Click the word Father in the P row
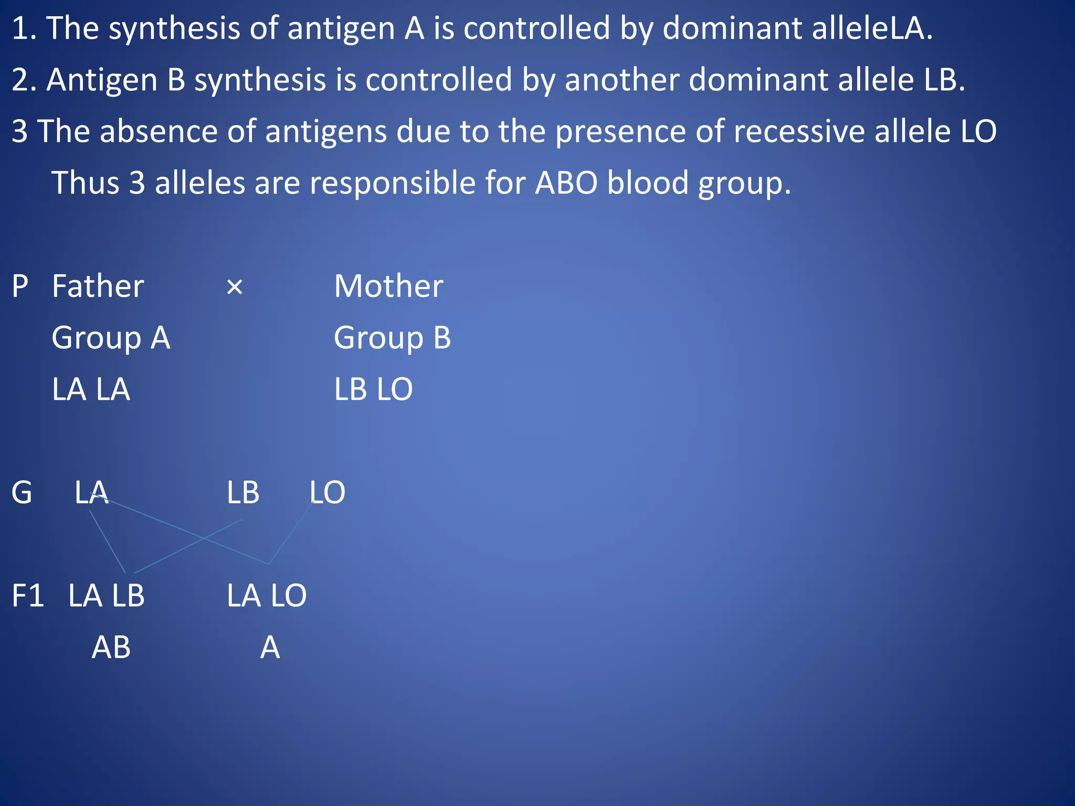pyautogui.click(x=98, y=287)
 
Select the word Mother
pyautogui.click(x=388, y=287)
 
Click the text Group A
pyautogui.click(x=111, y=338)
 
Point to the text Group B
pyautogui.click(x=392, y=338)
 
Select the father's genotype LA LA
pyautogui.click(x=91, y=389)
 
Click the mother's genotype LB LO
pyautogui.click(x=373, y=389)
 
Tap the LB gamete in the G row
pyautogui.click(x=243, y=493)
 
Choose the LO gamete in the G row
pyautogui.click(x=327, y=493)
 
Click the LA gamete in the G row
pyautogui.click(x=91, y=493)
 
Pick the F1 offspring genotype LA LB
pyautogui.click(x=106, y=596)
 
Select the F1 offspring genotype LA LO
pyautogui.click(x=267, y=596)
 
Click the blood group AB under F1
pyautogui.click(x=111, y=648)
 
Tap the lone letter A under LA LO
pyautogui.click(x=270, y=648)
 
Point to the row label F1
pyautogui.click(x=28, y=596)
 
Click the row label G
pyautogui.click(x=22, y=493)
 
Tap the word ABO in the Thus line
pyautogui.click(x=566, y=183)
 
